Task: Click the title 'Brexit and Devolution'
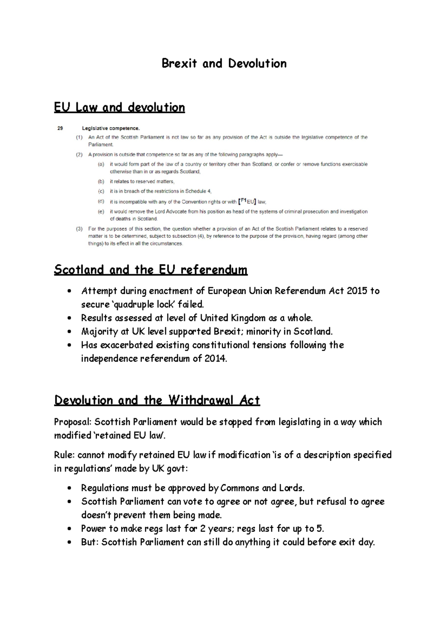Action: tap(224, 64)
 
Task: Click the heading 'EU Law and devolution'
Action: tap(119, 108)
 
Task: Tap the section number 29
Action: tap(60, 128)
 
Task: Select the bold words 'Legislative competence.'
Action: tap(111, 128)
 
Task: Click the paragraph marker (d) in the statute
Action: tap(101, 202)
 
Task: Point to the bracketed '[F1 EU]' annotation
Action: tap(247, 202)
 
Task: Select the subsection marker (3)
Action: tap(79, 229)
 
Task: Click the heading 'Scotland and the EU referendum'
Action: tap(150, 270)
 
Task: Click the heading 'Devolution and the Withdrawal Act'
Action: tap(157, 400)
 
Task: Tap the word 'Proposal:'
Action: tap(73, 422)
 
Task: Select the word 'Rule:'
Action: tap(64, 455)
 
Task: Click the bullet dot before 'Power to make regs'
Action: tap(69, 529)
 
